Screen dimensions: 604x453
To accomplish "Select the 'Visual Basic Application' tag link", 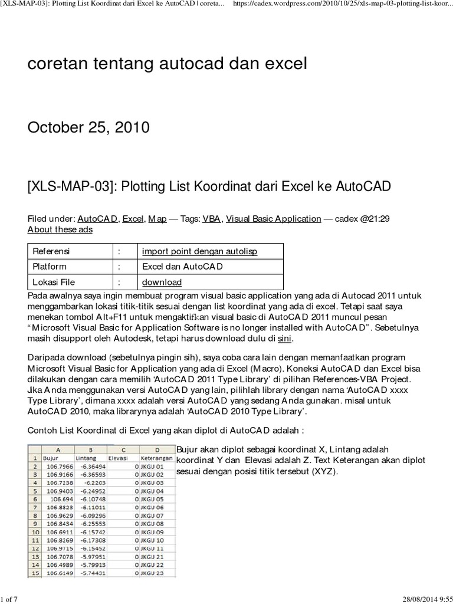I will [x=273, y=218].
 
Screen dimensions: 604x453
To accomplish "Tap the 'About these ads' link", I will [x=60, y=229].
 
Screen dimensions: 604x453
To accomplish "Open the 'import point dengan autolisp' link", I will [x=200, y=251].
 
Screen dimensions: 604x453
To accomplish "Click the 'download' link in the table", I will [x=162, y=282].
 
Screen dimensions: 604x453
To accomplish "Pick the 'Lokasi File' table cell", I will [x=54, y=282].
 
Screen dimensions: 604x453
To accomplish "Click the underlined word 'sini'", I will [x=285, y=339].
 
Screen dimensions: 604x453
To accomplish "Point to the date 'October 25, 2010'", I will [x=88, y=127].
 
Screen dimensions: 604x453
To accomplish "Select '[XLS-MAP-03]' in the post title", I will [x=65, y=187].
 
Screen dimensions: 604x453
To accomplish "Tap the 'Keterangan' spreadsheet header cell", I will [x=156, y=458].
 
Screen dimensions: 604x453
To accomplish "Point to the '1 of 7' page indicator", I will [x=11, y=596].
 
